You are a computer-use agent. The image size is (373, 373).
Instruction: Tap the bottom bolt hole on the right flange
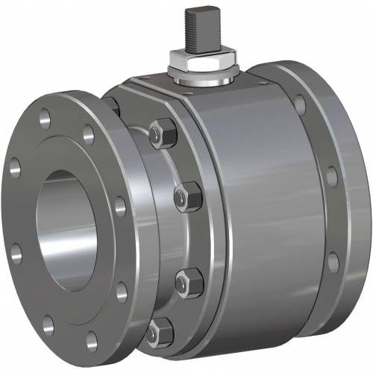(333, 262)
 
